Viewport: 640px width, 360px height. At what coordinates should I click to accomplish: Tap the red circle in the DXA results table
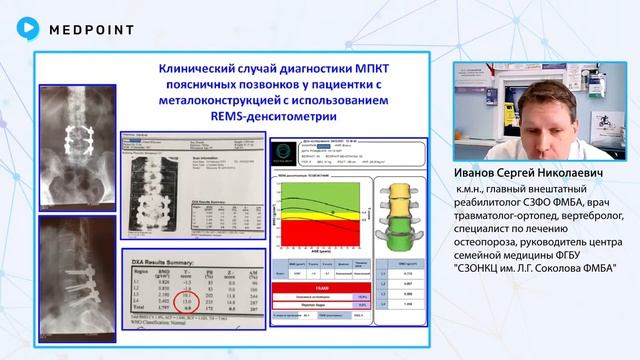click(x=184, y=301)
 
